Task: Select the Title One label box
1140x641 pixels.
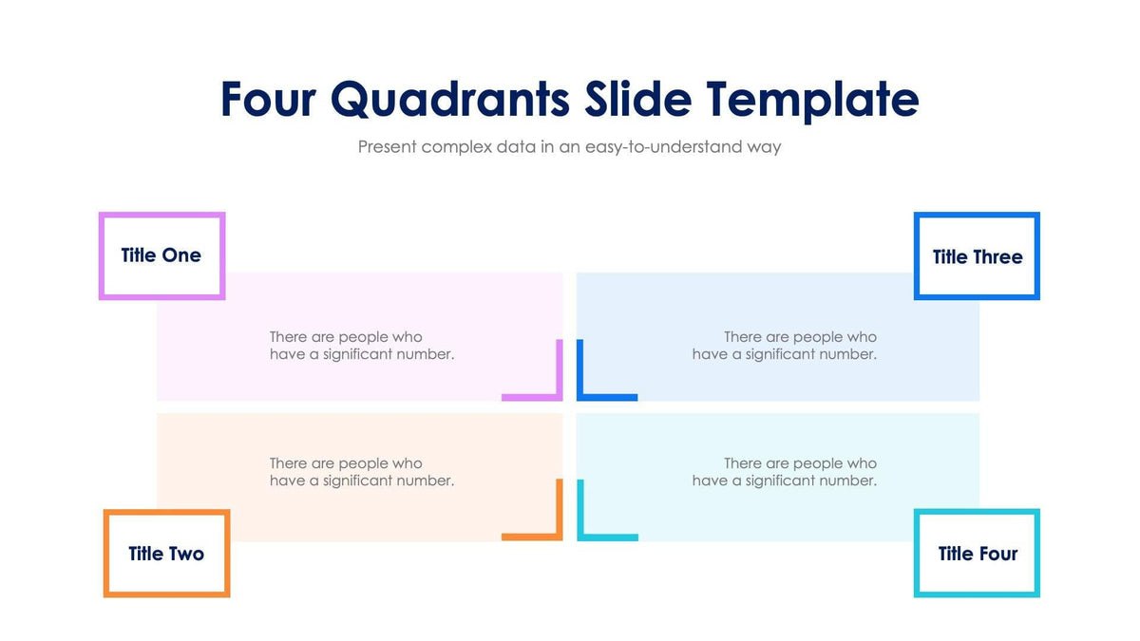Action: [x=161, y=255]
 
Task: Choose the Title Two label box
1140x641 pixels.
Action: [x=166, y=554]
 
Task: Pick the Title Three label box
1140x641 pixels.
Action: [x=977, y=256]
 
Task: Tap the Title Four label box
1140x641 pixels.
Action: [x=977, y=554]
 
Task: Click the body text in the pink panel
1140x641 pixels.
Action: [x=361, y=346]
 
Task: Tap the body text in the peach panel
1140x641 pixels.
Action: [x=361, y=472]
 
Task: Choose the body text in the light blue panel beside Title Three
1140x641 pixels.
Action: [x=784, y=346]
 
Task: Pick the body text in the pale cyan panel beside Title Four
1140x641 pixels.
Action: [x=784, y=472]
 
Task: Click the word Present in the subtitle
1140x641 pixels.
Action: [x=387, y=147]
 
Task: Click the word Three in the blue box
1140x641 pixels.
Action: [x=997, y=256]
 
